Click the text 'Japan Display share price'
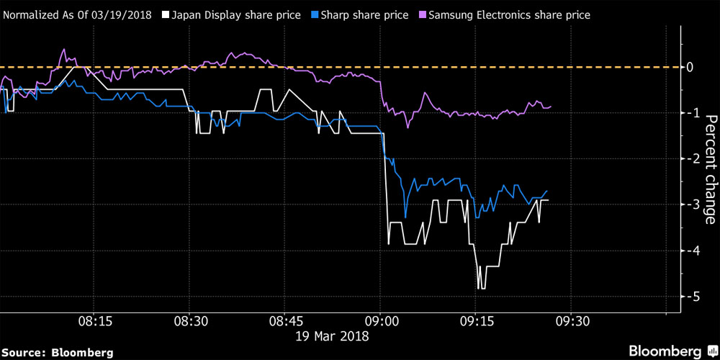tap(232, 14)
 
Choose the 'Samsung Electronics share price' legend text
tap(510, 14)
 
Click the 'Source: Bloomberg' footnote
tap(58, 352)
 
